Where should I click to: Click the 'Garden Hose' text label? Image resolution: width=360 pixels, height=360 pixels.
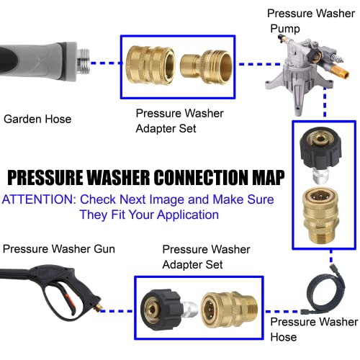point(37,119)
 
